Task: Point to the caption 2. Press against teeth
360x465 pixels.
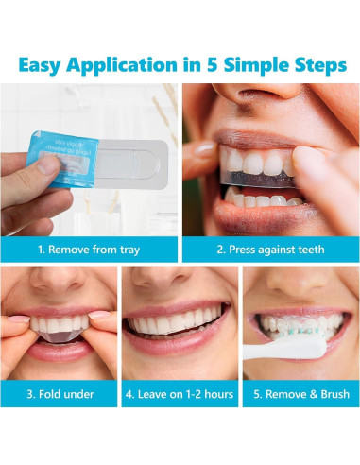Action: click(269, 250)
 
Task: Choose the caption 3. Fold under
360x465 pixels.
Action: click(59, 393)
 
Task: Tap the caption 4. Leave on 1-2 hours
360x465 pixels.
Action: click(180, 393)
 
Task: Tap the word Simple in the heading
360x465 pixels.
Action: click(269, 65)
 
